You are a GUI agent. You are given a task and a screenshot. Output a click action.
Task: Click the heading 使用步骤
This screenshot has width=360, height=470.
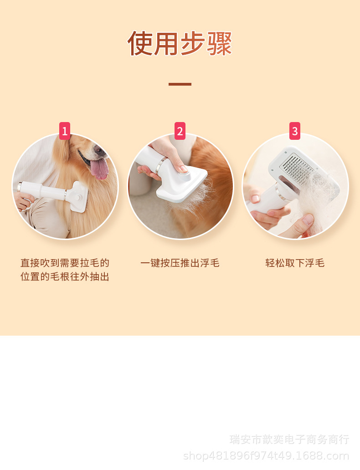click(180, 43)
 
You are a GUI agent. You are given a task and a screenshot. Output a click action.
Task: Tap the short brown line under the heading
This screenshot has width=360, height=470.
click(180, 84)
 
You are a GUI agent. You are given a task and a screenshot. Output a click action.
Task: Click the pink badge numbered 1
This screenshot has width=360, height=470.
click(65, 131)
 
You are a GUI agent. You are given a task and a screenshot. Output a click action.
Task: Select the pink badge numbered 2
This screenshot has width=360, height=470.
click(180, 131)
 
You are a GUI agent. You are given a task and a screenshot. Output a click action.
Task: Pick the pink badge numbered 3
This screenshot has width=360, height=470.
click(294, 131)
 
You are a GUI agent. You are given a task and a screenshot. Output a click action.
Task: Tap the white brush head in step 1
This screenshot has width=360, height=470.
click(78, 197)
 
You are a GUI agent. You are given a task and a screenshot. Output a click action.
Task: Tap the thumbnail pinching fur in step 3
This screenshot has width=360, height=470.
click(308, 219)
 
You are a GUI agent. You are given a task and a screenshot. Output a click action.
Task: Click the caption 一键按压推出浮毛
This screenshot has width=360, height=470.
click(180, 263)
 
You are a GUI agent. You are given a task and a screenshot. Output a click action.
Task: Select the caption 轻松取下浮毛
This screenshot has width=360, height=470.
click(294, 263)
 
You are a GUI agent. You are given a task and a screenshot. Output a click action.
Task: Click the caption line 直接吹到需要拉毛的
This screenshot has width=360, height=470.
click(65, 263)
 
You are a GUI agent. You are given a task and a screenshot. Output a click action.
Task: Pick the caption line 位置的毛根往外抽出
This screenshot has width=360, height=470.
click(65, 276)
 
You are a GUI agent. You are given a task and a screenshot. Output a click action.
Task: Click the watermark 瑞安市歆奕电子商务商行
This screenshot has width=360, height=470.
click(289, 439)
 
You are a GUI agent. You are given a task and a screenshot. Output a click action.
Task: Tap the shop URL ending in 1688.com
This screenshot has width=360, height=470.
click(266, 456)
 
